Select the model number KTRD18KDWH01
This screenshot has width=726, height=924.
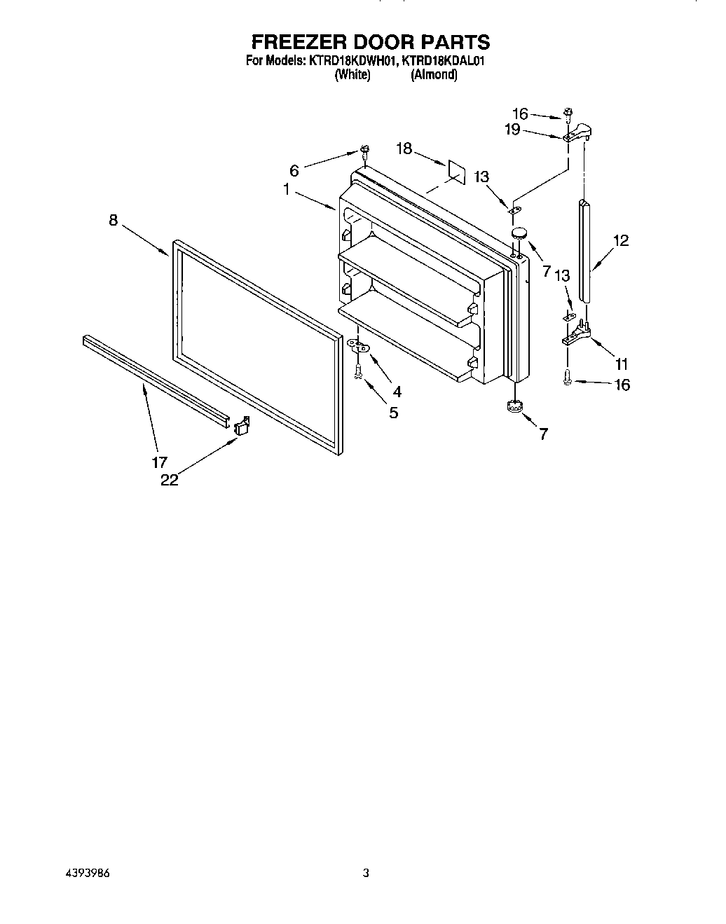pyautogui.click(x=352, y=61)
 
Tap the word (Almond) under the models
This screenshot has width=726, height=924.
pyautogui.click(x=434, y=74)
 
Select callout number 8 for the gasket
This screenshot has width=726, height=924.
pyautogui.click(x=114, y=220)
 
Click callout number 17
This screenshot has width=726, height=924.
pyautogui.click(x=160, y=462)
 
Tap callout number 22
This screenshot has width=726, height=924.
pyautogui.click(x=169, y=480)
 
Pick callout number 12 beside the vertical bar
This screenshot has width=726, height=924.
pyautogui.click(x=620, y=241)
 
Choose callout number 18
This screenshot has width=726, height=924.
pyautogui.click(x=404, y=149)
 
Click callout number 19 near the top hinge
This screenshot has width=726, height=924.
pyautogui.click(x=512, y=129)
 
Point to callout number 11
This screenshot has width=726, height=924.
pyautogui.click(x=622, y=364)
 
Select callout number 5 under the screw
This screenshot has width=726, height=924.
pyautogui.click(x=394, y=413)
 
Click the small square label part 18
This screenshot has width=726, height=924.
pyautogui.click(x=456, y=171)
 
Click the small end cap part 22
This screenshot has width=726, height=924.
pyautogui.click(x=242, y=426)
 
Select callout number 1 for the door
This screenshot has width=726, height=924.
pyautogui.click(x=287, y=189)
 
